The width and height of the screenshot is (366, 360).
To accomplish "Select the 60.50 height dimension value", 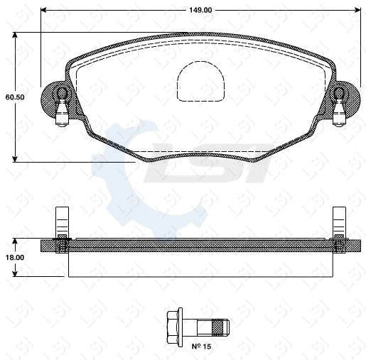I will click(15, 97).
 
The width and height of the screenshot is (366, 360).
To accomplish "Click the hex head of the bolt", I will click(174, 327).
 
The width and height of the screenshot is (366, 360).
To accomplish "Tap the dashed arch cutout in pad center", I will click(201, 80).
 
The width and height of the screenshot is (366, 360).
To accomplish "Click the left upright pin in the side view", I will click(62, 220).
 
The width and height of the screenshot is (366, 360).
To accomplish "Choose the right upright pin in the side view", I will click(339, 220).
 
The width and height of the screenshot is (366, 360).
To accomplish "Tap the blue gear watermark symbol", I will click(131, 178).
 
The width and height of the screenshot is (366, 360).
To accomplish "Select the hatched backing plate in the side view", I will click(199, 244).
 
